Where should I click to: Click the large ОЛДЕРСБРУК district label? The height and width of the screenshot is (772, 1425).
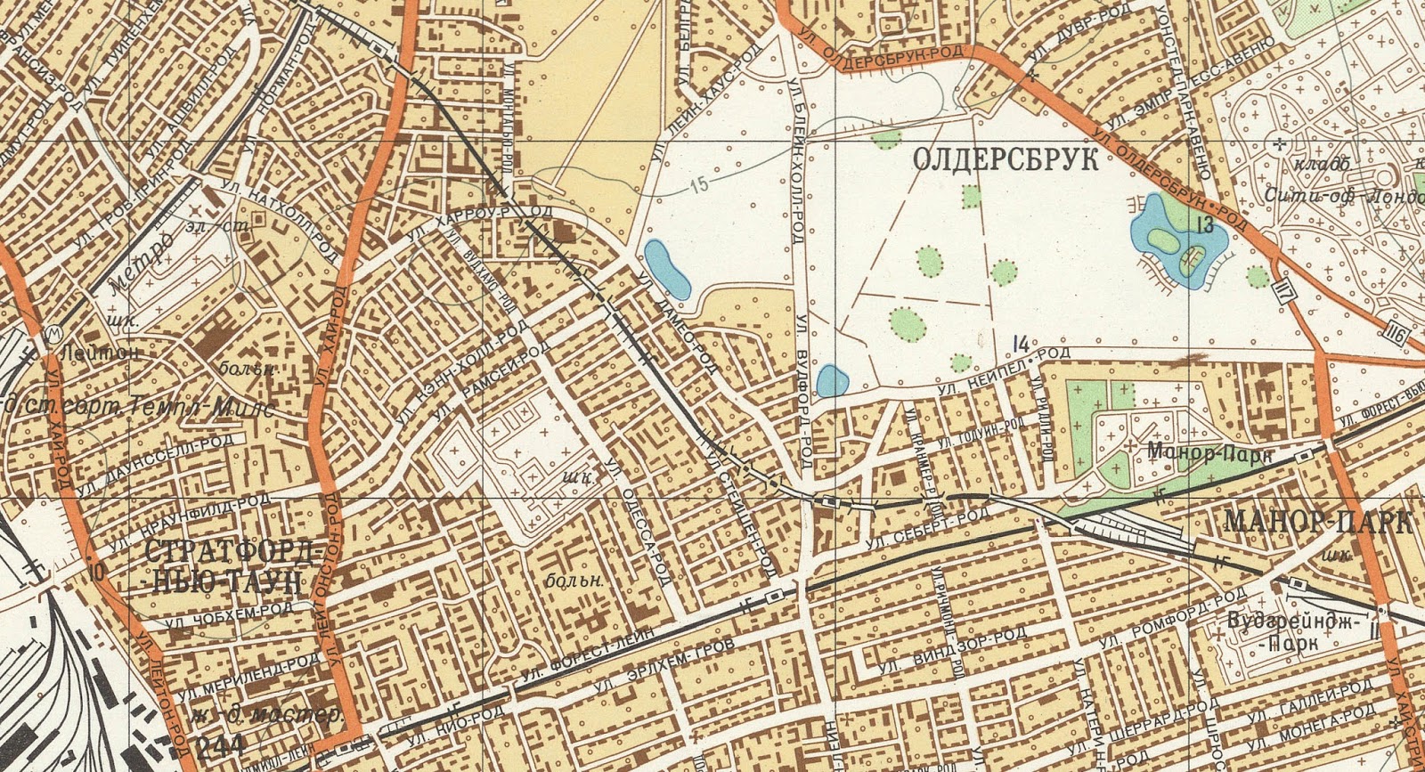(x=1006, y=161)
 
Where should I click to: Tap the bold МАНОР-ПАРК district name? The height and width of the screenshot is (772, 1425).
(x=1318, y=523)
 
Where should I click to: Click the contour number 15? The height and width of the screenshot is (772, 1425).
(x=700, y=186)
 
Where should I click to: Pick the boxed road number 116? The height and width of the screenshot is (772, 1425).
(x=1396, y=336)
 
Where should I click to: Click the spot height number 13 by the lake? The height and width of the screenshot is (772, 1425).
(x=1206, y=225)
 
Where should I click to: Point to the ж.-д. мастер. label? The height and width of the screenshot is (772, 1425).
(x=266, y=715)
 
